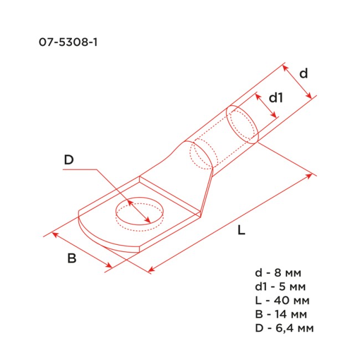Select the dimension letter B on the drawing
pyautogui.click(x=71, y=258)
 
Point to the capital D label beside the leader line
pyautogui.click(x=69, y=160)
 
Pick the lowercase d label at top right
pyautogui.click(x=303, y=73)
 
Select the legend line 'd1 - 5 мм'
pyautogui.click(x=281, y=287)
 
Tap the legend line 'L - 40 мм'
pyautogui.click(x=282, y=301)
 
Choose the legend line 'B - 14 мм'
pyautogui.click(x=282, y=315)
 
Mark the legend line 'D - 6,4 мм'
pyautogui.click(x=284, y=328)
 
